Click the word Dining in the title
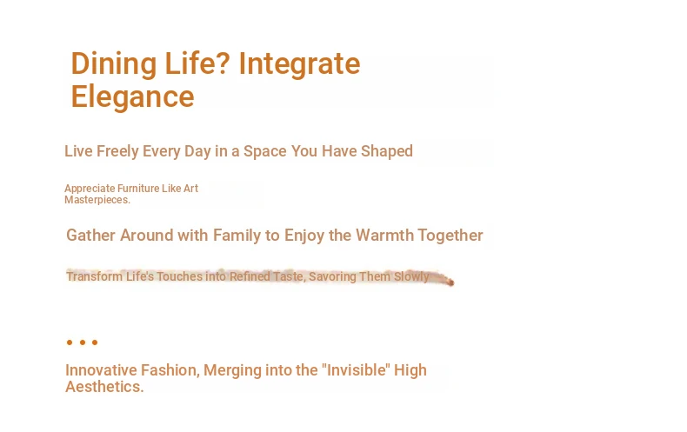(x=113, y=64)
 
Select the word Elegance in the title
(x=132, y=97)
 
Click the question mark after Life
(x=223, y=63)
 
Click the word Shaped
(x=386, y=151)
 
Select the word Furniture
(x=138, y=189)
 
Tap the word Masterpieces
(x=97, y=200)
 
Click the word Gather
(x=90, y=236)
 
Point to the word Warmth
(x=384, y=236)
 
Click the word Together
(x=450, y=236)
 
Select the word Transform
(x=94, y=276)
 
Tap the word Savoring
(x=332, y=277)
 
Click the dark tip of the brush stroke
(x=450, y=282)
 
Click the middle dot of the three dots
(x=83, y=342)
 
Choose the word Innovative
(x=101, y=370)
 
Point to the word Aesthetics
(x=104, y=387)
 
